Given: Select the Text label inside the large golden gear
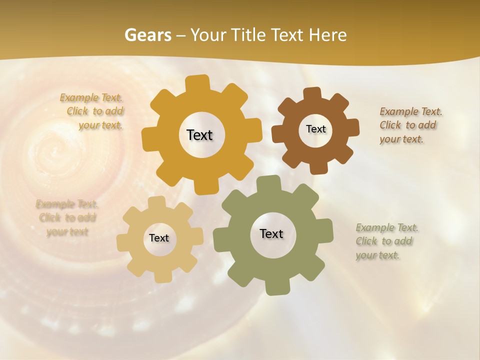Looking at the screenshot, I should [199, 135].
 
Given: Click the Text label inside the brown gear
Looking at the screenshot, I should [315, 129].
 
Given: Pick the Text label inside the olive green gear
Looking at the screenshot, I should [271, 233].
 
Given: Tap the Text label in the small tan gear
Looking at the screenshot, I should [159, 238].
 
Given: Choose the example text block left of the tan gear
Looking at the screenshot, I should [67, 217].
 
